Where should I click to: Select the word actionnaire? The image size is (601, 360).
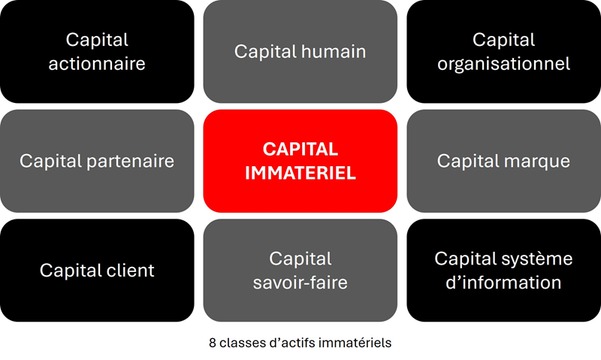click(x=97, y=63)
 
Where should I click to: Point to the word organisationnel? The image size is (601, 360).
click(x=503, y=63)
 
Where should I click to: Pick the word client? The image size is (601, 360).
click(x=128, y=270)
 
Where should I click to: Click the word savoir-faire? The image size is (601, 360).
click(x=300, y=283)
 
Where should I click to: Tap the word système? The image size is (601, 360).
click(x=536, y=259)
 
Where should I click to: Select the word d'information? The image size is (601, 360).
click(x=503, y=283)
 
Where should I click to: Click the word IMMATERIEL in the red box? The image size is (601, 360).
click(x=300, y=173)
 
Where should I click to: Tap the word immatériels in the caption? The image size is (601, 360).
click(x=356, y=343)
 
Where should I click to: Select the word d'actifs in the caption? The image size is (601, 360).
click(x=291, y=343)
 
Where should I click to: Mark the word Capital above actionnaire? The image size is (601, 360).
click(x=97, y=40)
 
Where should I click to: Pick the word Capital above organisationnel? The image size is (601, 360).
click(x=503, y=40)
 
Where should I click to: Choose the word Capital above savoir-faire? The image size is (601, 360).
click(x=300, y=259)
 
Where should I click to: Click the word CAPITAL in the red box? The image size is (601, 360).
click(x=300, y=149)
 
